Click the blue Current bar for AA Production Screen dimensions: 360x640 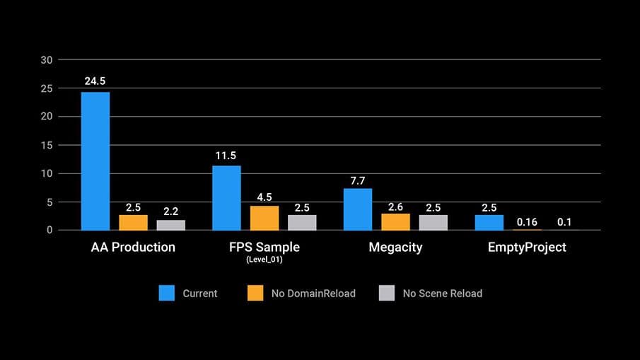pos(95,161)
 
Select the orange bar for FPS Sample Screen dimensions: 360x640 pos(264,218)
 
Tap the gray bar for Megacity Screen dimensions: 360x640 pos(433,223)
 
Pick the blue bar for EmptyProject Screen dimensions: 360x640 pos(489,223)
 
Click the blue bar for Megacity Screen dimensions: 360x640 pos(358,209)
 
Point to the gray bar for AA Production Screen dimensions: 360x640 pos(170,225)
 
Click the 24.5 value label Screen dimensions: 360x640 pos(95,82)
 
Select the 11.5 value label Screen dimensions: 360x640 pos(227,156)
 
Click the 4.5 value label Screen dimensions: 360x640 pos(264,197)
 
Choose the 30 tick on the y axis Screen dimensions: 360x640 pos(47,60)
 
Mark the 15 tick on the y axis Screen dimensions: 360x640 pos(47,145)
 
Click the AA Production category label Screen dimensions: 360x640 pos(133,248)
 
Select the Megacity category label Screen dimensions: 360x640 pos(396,248)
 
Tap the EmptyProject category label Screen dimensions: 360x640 pos(527,248)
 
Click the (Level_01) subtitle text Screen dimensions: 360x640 pos(265,260)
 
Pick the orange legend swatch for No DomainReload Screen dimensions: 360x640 pos(256,293)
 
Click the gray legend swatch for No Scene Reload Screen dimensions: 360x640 pos(388,293)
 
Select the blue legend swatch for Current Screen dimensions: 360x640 pos(167,293)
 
